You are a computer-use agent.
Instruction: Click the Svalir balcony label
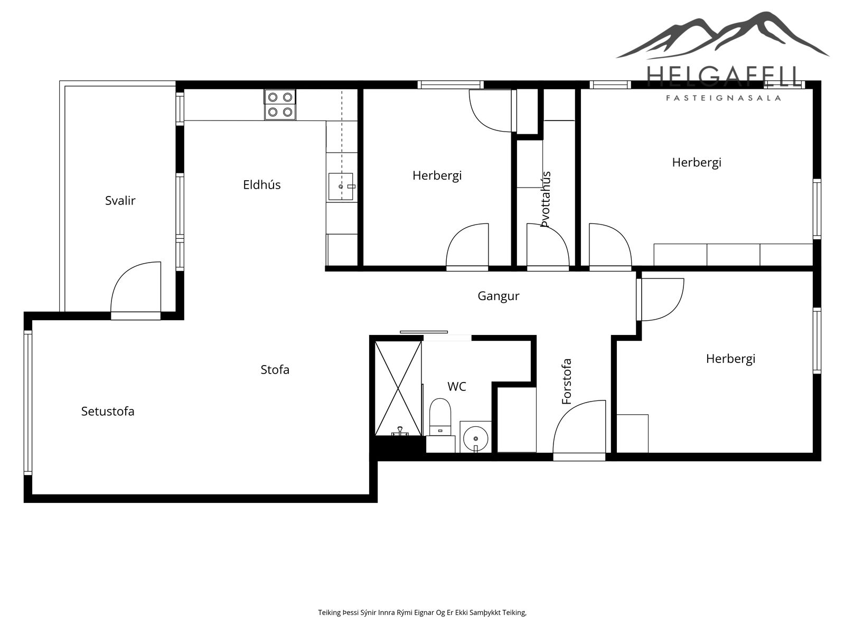[120, 201]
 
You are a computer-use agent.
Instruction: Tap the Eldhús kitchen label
[262, 185]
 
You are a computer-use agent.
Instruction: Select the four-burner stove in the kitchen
[280, 105]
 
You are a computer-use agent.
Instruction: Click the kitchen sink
[341, 187]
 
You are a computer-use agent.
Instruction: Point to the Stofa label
[275, 370]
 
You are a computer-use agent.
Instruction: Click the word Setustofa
[108, 412]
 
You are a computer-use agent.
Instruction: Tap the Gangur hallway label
[499, 296]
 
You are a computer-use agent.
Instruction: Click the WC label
[457, 387]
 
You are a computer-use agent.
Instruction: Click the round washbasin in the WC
[476, 438]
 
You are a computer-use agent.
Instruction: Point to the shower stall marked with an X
[398, 388]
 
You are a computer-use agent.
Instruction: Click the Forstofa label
[567, 381]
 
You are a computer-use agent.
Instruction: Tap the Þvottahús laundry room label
[546, 199]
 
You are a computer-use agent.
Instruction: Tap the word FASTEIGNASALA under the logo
[724, 98]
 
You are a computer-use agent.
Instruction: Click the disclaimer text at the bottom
[422, 612]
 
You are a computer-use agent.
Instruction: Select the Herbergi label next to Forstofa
[730, 359]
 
